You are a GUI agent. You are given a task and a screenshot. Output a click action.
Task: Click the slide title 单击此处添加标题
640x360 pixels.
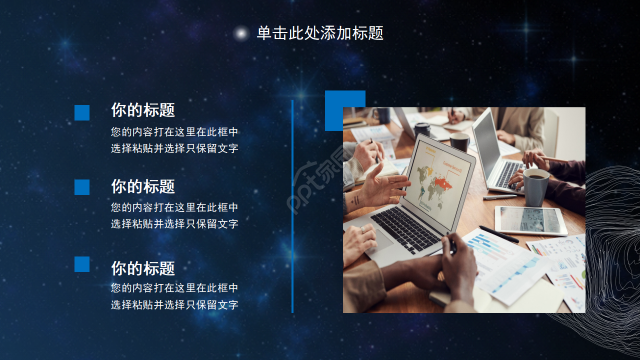(320, 33)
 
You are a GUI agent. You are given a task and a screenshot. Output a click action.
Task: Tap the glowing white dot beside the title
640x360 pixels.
(241, 33)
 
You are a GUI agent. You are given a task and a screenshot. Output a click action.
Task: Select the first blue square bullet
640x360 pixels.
(82, 112)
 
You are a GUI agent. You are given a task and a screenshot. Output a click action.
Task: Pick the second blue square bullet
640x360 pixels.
(82, 187)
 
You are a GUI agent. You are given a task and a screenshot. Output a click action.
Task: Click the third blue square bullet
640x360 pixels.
(82, 264)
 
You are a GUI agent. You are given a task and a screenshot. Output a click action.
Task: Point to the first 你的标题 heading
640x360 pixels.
(143, 110)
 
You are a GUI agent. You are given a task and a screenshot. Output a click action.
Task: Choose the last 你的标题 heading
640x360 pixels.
(143, 268)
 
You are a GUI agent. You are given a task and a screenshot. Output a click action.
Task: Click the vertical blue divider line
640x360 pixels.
(292, 206)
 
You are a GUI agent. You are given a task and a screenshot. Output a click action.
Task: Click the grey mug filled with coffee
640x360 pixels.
(536, 187)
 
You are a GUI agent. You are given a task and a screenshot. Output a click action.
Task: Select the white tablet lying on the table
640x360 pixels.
(531, 220)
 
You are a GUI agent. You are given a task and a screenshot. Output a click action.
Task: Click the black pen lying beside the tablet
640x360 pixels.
(498, 234)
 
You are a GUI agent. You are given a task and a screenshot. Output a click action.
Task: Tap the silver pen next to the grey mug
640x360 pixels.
(500, 197)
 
